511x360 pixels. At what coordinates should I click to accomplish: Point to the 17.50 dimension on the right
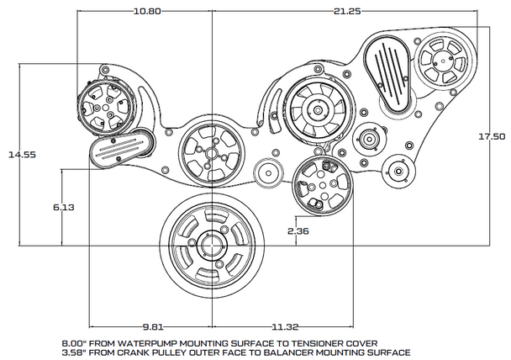click(492, 135)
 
